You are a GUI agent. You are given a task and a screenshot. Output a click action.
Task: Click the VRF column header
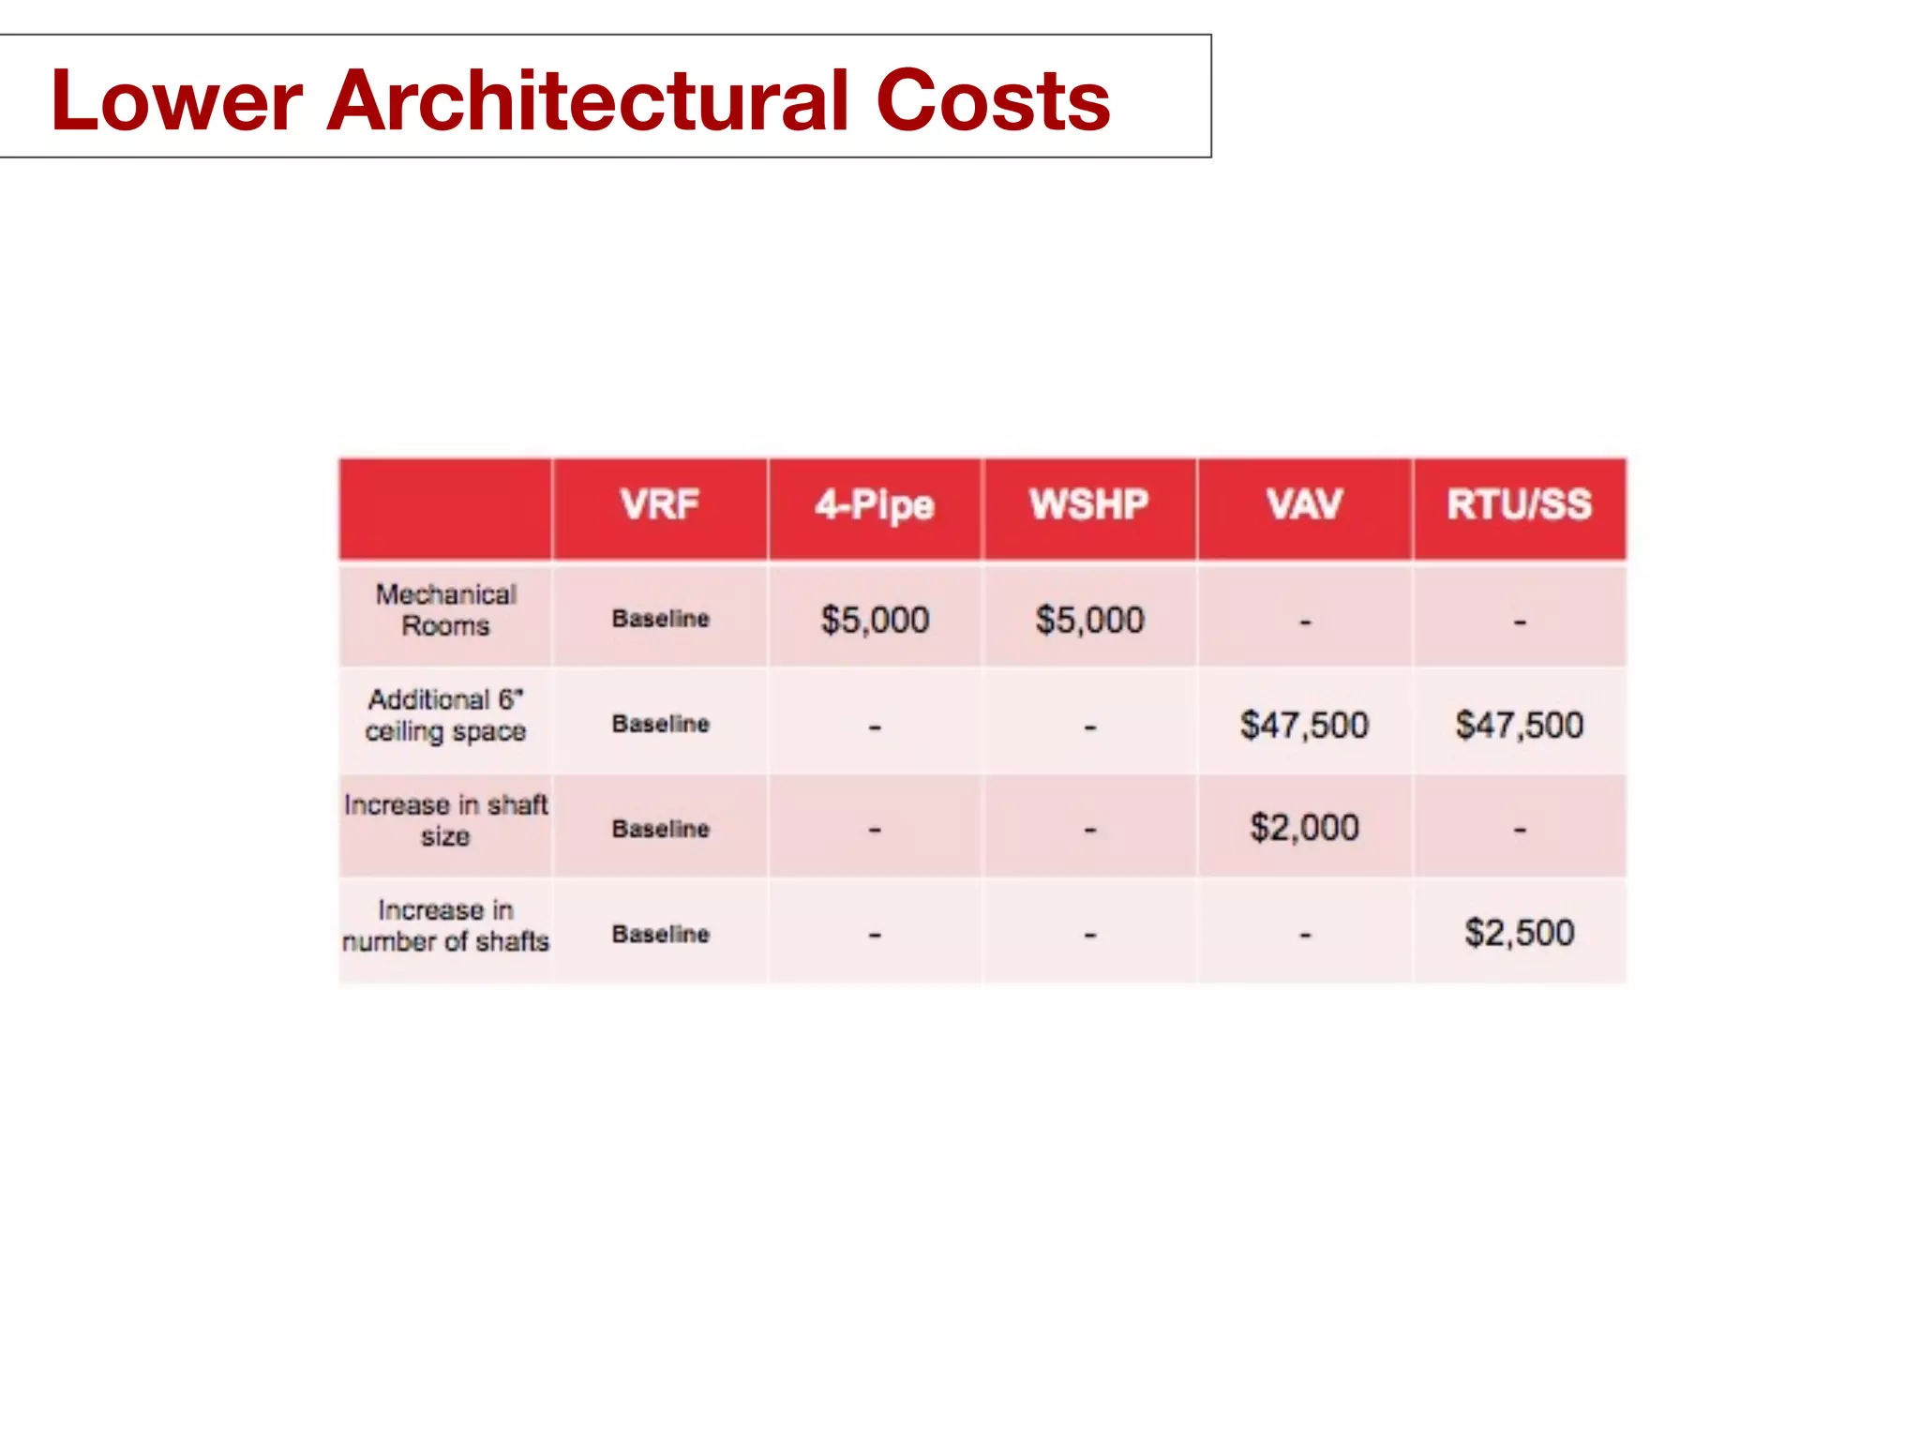(x=659, y=504)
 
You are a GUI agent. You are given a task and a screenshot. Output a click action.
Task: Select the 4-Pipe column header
(x=874, y=505)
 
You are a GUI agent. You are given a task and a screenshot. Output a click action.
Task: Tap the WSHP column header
(x=1088, y=504)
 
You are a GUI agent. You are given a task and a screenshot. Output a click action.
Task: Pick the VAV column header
(x=1304, y=504)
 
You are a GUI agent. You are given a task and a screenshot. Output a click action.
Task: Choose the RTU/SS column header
(x=1519, y=504)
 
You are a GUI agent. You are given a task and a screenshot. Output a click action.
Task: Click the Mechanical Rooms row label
(x=445, y=609)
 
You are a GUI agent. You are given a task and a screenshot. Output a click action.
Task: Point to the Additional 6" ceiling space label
(x=445, y=715)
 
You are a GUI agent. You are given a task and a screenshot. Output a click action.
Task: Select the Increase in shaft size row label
(x=445, y=820)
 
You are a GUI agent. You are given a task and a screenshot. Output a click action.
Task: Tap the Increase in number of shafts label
(x=445, y=925)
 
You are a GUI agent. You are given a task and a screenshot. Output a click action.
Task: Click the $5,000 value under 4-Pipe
(x=875, y=620)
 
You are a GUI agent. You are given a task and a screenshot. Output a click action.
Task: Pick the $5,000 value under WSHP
(x=1089, y=620)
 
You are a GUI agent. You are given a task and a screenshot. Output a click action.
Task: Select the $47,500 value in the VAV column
(x=1304, y=725)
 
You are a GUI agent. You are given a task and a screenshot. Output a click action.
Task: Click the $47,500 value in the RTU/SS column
(x=1519, y=725)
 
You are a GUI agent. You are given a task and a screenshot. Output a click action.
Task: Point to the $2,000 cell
(x=1304, y=828)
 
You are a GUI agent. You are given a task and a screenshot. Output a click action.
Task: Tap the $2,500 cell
(x=1519, y=933)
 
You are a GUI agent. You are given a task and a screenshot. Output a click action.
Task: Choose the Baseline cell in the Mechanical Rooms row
(x=660, y=619)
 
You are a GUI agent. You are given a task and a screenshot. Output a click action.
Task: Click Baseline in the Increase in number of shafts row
(x=660, y=934)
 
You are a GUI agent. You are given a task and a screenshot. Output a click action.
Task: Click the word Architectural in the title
(x=588, y=100)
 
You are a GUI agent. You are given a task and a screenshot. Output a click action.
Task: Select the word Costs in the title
(x=992, y=100)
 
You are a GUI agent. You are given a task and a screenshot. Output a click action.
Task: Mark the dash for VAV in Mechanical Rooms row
(x=1304, y=622)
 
